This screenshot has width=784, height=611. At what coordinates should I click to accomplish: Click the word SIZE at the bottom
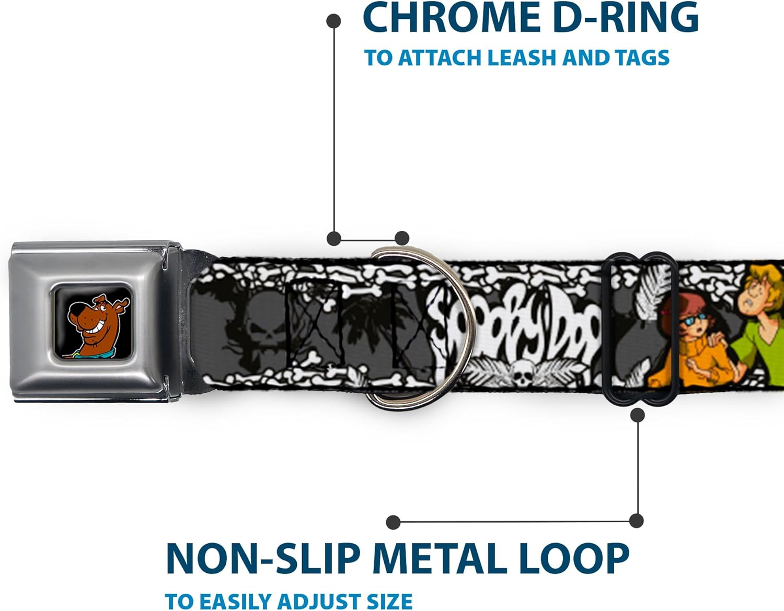coord(387,601)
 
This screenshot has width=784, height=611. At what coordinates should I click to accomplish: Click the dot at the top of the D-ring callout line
coord(333,21)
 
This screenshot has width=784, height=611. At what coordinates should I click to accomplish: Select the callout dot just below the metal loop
coord(637,415)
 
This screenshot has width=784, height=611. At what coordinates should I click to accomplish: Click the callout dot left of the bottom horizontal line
coord(393,522)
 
